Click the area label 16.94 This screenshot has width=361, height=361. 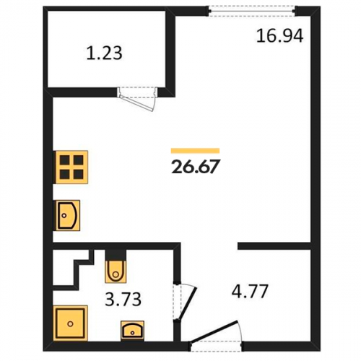(280, 35)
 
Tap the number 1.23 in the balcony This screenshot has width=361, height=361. (104, 53)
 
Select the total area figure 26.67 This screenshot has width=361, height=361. (195, 167)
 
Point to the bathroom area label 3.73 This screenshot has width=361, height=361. (123, 299)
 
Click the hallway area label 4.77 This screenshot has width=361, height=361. (250, 291)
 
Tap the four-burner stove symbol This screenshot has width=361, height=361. (71, 168)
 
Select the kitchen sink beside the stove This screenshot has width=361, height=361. (66, 215)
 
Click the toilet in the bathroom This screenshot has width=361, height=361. (116, 271)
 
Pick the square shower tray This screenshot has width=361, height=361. (71, 323)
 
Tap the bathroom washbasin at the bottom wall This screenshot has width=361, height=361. (133, 331)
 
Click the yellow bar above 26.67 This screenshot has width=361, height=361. (195, 151)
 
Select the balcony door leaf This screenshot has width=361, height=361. (136, 103)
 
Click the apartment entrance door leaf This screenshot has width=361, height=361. (214, 331)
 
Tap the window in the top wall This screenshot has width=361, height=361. (252, 12)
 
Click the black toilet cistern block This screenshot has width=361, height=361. (116, 255)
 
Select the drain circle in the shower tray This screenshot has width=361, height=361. (70, 324)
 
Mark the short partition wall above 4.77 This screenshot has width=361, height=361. (274, 246)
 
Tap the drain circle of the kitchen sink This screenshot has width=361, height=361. (64, 215)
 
